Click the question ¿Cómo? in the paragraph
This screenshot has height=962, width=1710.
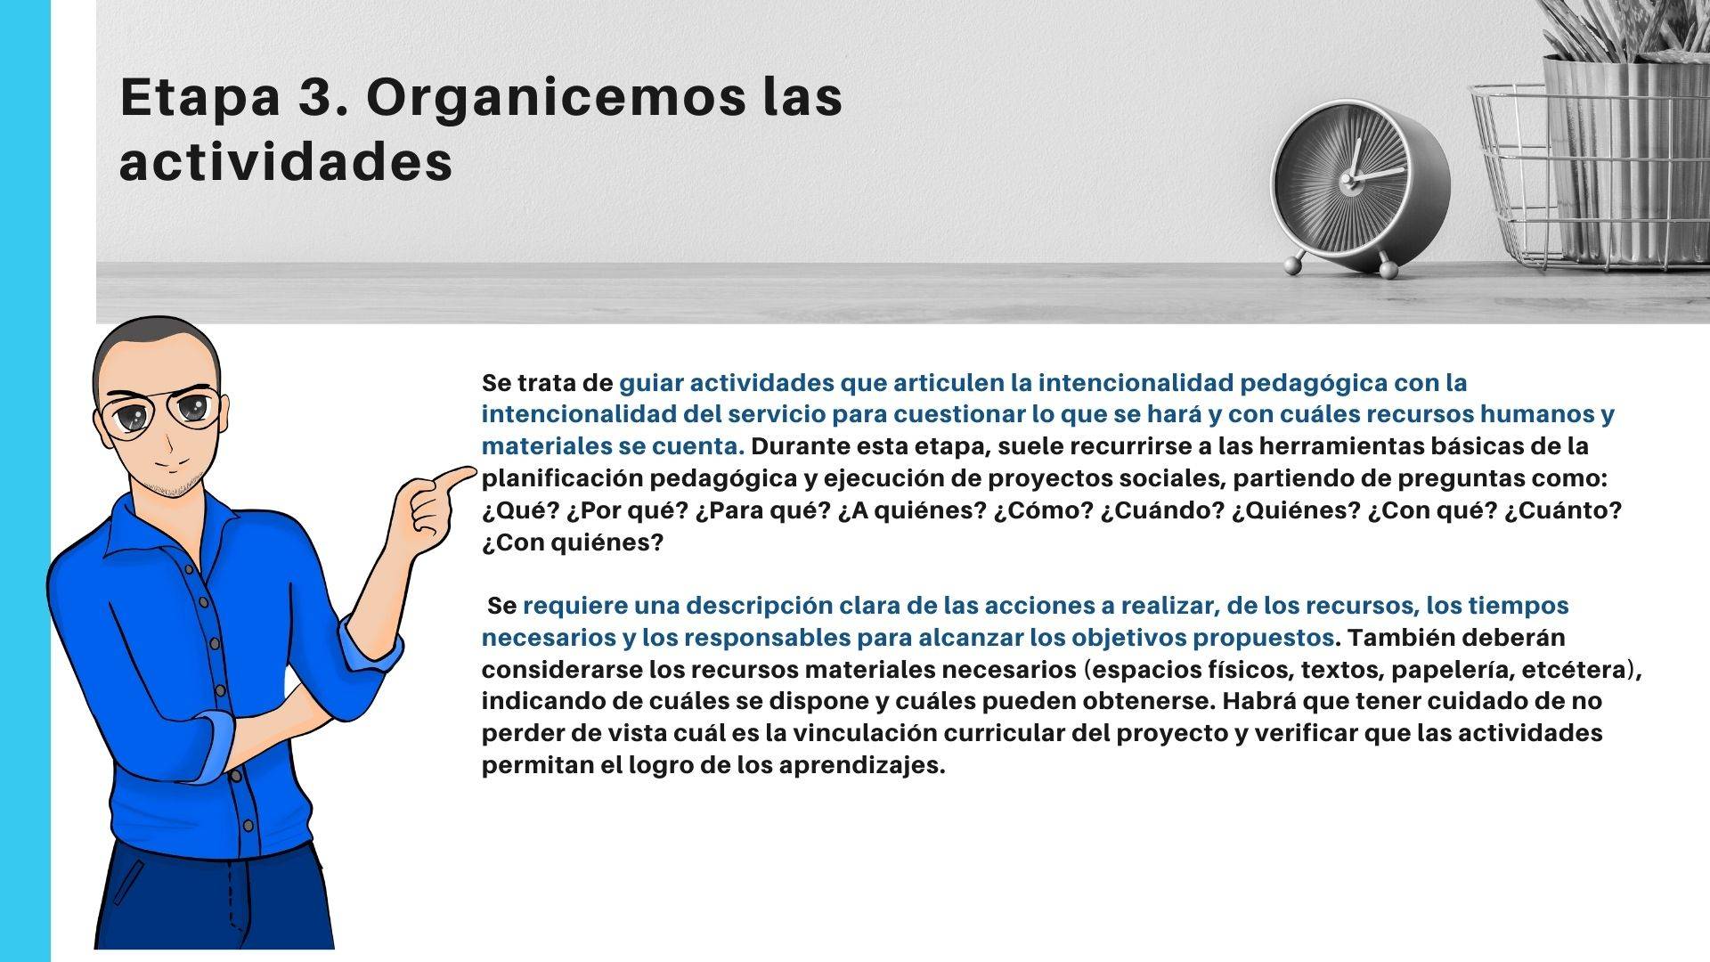1043,511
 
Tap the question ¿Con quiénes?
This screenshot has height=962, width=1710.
573,542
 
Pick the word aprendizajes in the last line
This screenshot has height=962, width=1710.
861,766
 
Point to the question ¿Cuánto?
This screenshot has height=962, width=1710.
1564,511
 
